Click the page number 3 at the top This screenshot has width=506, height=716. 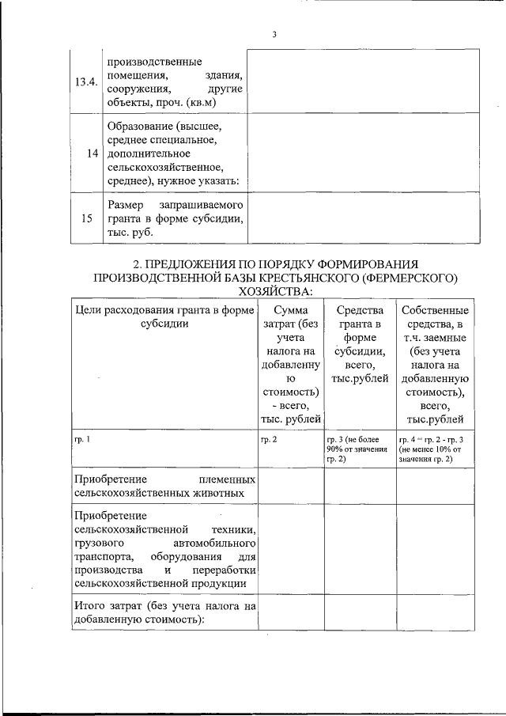tap(274, 35)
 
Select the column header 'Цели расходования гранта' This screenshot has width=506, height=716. tap(164, 317)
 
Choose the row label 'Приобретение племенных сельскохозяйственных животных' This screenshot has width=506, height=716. tap(164, 487)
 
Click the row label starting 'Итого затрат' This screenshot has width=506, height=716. tap(164, 612)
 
